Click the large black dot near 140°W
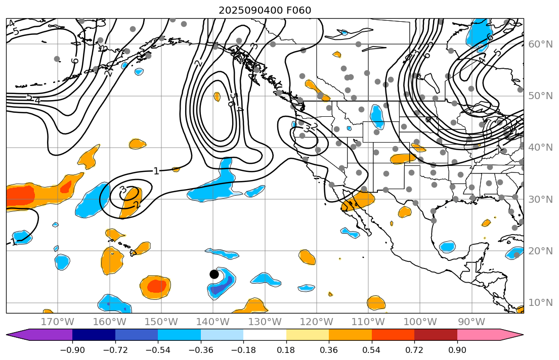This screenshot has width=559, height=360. pyautogui.click(x=214, y=274)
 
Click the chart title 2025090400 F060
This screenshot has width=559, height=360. pyautogui.click(x=265, y=10)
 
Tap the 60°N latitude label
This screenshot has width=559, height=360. pyautogui.click(x=540, y=44)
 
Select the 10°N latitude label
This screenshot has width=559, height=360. pyautogui.click(x=540, y=302)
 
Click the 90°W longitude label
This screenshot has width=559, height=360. pyautogui.click(x=471, y=322)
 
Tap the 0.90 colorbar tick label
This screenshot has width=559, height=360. pyautogui.click(x=457, y=350)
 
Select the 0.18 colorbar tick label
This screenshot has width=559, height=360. pyautogui.click(x=286, y=350)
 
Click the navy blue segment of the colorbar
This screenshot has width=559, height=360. pyautogui.click(x=94, y=335)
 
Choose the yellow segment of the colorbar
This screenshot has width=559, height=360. pyautogui.click(x=308, y=335)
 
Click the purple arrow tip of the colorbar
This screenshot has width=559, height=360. pyautogui.click(x=15, y=335)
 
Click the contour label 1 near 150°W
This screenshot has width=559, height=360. pyautogui.click(x=156, y=171)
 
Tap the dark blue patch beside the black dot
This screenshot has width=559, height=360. pyautogui.click(x=224, y=286)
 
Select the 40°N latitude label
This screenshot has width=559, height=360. pyautogui.click(x=540, y=147)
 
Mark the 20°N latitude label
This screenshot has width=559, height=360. pyautogui.click(x=540, y=251)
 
